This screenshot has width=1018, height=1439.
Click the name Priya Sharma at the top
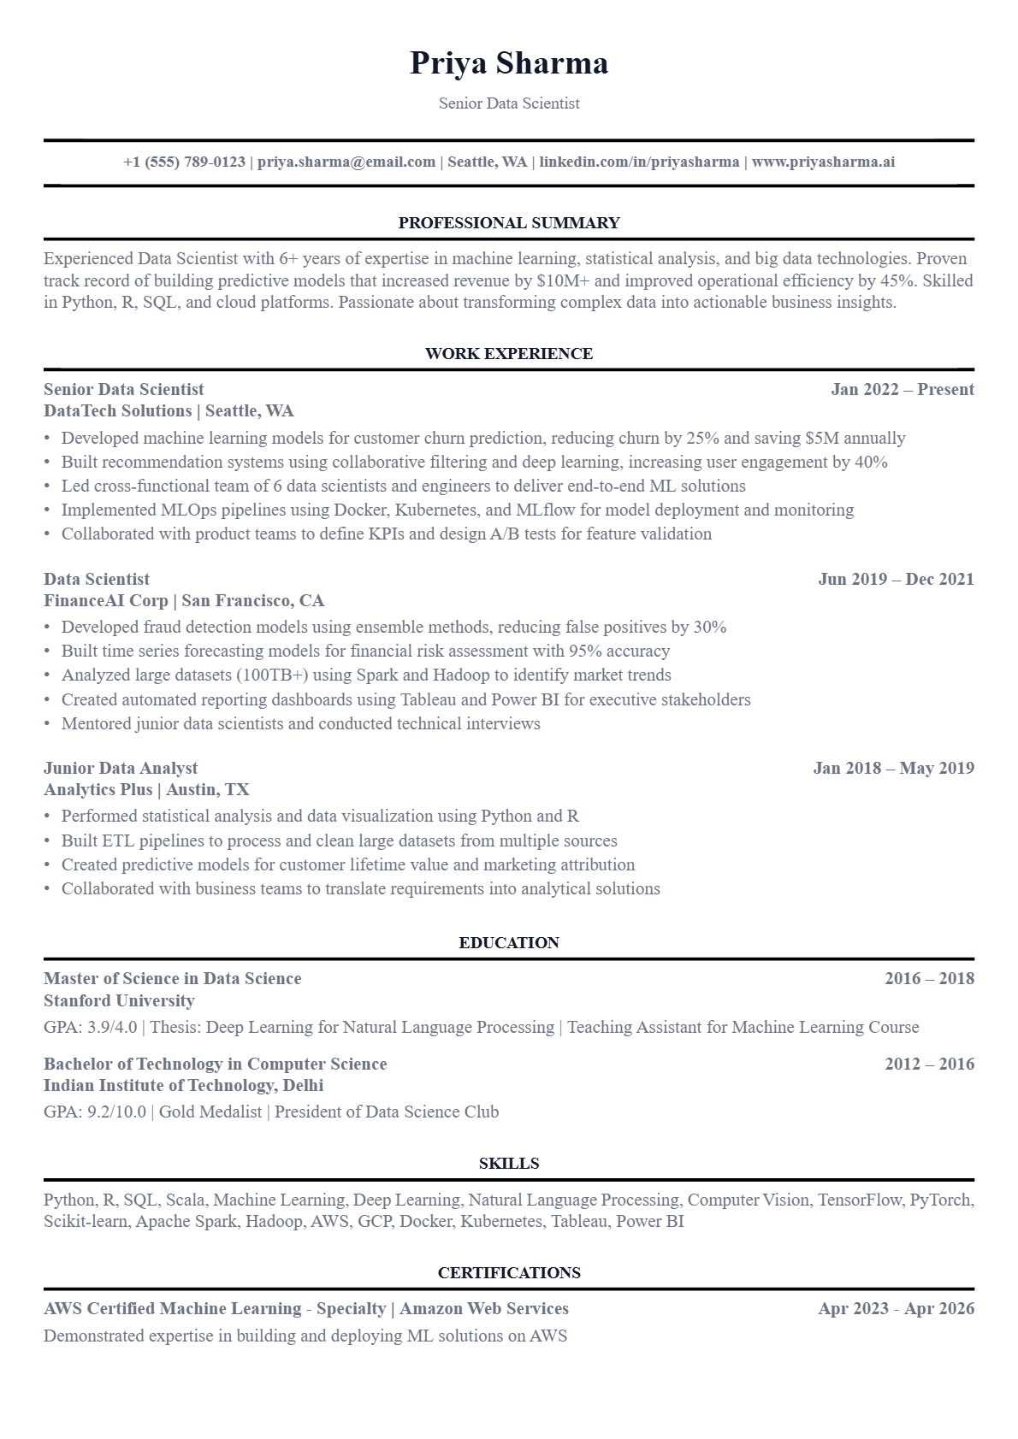(509, 63)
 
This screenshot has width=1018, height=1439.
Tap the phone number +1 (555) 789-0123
(184, 162)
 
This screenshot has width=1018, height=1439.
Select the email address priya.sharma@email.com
(346, 162)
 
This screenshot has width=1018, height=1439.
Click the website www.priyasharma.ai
(823, 162)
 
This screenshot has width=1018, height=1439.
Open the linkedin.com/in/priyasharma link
(639, 162)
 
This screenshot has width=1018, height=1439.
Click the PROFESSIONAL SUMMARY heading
(509, 223)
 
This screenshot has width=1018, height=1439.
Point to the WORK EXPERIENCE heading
(509, 354)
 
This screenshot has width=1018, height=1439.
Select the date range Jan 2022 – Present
(903, 390)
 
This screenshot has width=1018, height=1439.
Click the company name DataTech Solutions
(118, 411)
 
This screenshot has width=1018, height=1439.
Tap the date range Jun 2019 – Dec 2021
(896, 579)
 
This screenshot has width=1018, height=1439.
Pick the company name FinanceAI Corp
(106, 600)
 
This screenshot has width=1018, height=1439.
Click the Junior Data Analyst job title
(121, 768)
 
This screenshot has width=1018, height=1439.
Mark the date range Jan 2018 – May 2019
(893, 768)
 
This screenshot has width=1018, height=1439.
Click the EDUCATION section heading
(509, 943)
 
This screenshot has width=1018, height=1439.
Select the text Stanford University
(119, 1000)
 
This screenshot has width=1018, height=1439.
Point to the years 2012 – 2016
(929, 1064)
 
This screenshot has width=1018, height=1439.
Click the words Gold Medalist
(210, 1112)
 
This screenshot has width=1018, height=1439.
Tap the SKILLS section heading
(509, 1164)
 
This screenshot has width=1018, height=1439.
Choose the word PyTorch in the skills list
(941, 1200)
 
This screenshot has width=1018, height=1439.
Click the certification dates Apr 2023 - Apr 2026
(896, 1308)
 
